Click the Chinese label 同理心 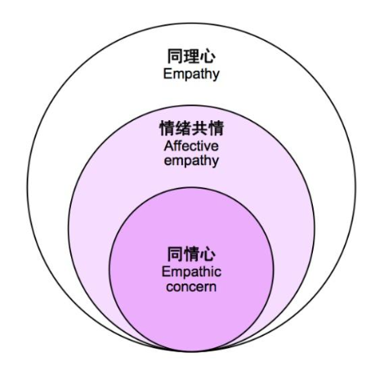[x=191, y=56]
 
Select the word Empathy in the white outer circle [x=191, y=74]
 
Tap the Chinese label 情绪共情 [x=191, y=128]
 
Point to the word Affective [x=191, y=146]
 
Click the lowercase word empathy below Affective [x=191, y=160]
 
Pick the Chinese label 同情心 [x=191, y=254]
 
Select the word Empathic [x=191, y=272]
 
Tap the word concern [x=191, y=287]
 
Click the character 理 [x=191, y=56]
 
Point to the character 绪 [x=183, y=128]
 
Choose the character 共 [x=199, y=128]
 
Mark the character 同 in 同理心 [x=175, y=56]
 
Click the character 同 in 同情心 [x=175, y=254]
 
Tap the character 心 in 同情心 [x=208, y=254]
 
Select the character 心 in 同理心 [x=208, y=56]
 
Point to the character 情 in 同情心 [x=191, y=254]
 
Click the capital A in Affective [x=168, y=146]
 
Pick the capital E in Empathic [x=166, y=272]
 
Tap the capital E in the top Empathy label [x=167, y=74]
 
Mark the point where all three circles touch [x=191, y=351]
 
